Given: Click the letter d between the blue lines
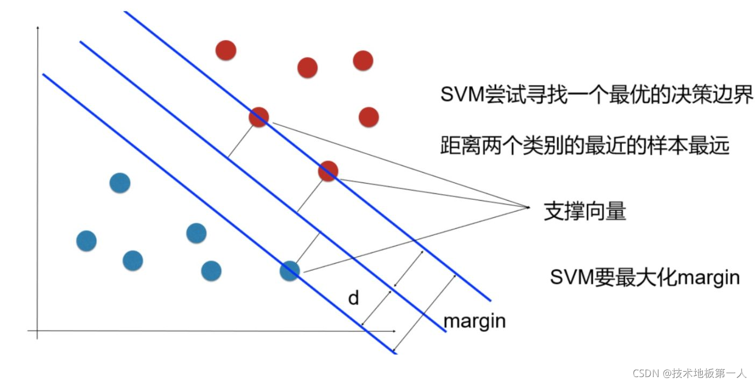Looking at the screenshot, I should [353, 298].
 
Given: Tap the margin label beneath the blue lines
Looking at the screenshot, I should [474, 321].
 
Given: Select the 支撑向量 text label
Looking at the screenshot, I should [585, 211].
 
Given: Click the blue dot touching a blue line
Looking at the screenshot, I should [289, 270].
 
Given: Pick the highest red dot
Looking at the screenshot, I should [226, 50].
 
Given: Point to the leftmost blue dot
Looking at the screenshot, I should [87, 241].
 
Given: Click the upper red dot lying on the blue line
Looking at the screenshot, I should [259, 117].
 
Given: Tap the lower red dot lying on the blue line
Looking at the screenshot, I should [327, 171].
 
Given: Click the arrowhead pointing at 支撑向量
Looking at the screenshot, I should [529, 207].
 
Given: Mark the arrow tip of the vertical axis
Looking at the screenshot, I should [37, 26].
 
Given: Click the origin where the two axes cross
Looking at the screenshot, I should [37, 330].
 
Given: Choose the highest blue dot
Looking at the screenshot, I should [119, 183].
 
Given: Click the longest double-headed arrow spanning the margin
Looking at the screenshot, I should [425, 312].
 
